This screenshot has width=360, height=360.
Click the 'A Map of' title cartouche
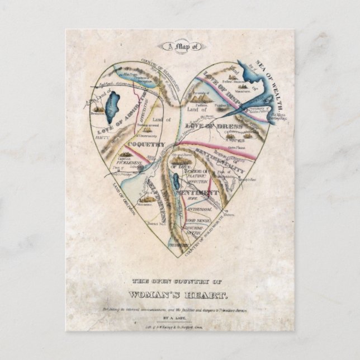click(180, 48)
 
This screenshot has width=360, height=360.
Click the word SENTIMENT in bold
click(196, 192)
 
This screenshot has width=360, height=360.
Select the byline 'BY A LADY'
click(180, 317)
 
